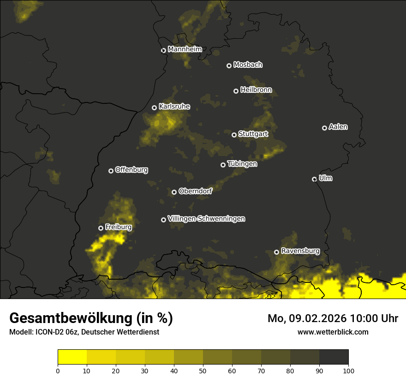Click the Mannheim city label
[x=185, y=49]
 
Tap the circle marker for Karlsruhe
[x=155, y=108]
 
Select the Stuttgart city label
[x=253, y=134]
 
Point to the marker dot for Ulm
[x=314, y=179]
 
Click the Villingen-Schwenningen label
[x=206, y=219]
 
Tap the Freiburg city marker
[x=101, y=228]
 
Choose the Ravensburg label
[x=300, y=251]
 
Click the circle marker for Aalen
[x=324, y=128]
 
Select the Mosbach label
[x=247, y=65]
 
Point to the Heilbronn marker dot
[x=236, y=91]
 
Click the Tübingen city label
[x=242, y=164]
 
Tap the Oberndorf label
[x=195, y=191]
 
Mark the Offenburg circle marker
[x=111, y=171]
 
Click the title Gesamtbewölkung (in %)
[x=91, y=318]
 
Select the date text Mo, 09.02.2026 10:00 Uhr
[x=333, y=318]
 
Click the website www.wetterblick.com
[x=333, y=332]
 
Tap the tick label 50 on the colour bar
[x=203, y=370]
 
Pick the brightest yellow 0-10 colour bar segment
[x=72, y=357]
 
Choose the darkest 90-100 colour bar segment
[x=334, y=357]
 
